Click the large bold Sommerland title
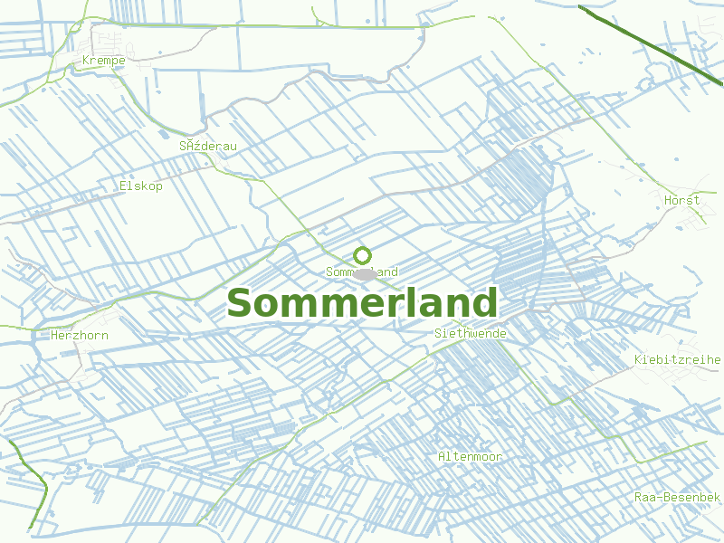[x=362, y=303]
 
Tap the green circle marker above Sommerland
[x=362, y=255]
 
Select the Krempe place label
[x=103, y=61]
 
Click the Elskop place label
[x=141, y=186]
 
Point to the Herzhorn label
[x=80, y=335]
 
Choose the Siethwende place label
[x=471, y=333]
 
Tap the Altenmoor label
[x=470, y=456]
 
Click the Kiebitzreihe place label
[x=678, y=359]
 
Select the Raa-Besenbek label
[x=677, y=498]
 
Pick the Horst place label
[x=681, y=200]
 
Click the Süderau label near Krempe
[x=207, y=145]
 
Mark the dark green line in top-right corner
[x=652, y=45]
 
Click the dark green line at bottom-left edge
[x=36, y=489]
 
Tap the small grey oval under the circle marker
[x=363, y=273]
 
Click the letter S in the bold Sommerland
[x=239, y=303]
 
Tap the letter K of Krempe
[x=85, y=61]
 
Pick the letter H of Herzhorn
[x=55, y=335]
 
